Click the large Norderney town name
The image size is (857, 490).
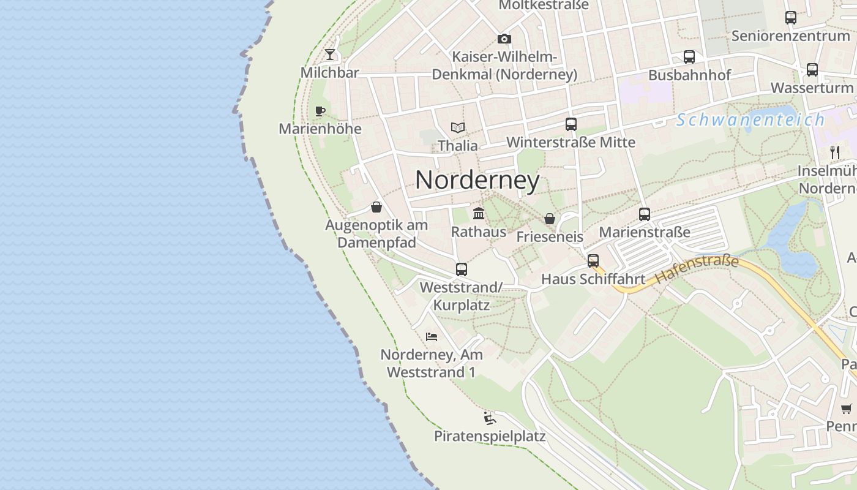pyautogui.click(x=477, y=180)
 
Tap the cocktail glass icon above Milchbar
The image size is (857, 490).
pyautogui.click(x=330, y=55)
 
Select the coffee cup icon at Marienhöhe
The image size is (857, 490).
pyautogui.click(x=320, y=111)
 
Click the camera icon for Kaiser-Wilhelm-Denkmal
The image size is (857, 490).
pyautogui.click(x=504, y=39)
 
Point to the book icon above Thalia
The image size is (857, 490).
pyautogui.click(x=458, y=127)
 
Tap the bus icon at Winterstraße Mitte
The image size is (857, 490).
pyautogui.click(x=571, y=124)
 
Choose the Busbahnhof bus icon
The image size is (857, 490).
pyautogui.click(x=689, y=57)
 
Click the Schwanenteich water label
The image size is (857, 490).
pyautogui.click(x=750, y=119)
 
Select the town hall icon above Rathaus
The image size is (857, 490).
pyautogui.click(x=479, y=213)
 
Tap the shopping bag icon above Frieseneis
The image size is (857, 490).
pyautogui.click(x=550, y=219)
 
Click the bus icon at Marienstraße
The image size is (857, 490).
pyautogui.click(x=645, y=214)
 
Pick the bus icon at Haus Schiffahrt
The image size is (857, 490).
pyautogui.click(x=593, y=261)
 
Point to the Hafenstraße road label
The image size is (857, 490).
pyautogui.click(x=697, y=269)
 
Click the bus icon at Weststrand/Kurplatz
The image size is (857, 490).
pyautogui.click(x=462, y=269)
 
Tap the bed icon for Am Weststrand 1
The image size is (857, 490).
pyautogui.click(x=432, y=336)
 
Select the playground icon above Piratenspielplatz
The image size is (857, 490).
pyautogui.click(x=489, y=418)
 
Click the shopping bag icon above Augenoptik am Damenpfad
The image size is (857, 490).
pyautogui.click(x=376, y=207)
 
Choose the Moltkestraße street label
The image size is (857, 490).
pyautogui.click(x=544, y=5)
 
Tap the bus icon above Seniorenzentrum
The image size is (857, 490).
pyautogui.click(x=791, y=17)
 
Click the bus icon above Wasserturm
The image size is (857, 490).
pyautogui.click(x=812, y=69)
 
